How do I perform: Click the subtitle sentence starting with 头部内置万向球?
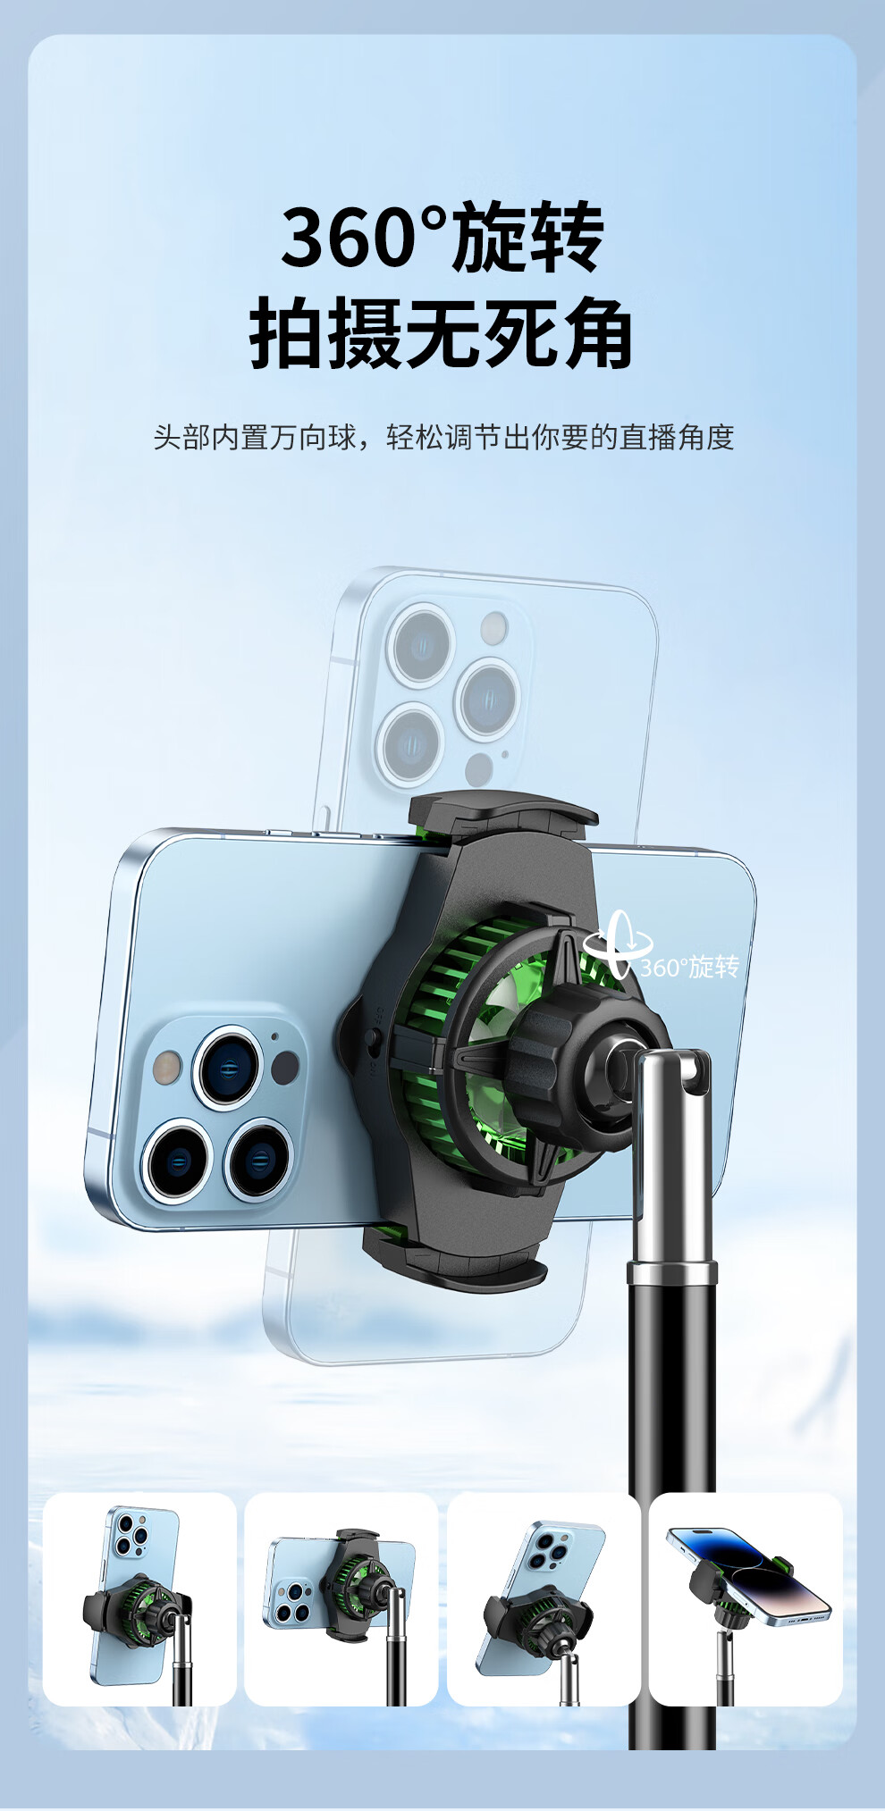click(443, 437)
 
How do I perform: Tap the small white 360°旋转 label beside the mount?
click(689, 967)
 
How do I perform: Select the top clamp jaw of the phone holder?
click(502, 816)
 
